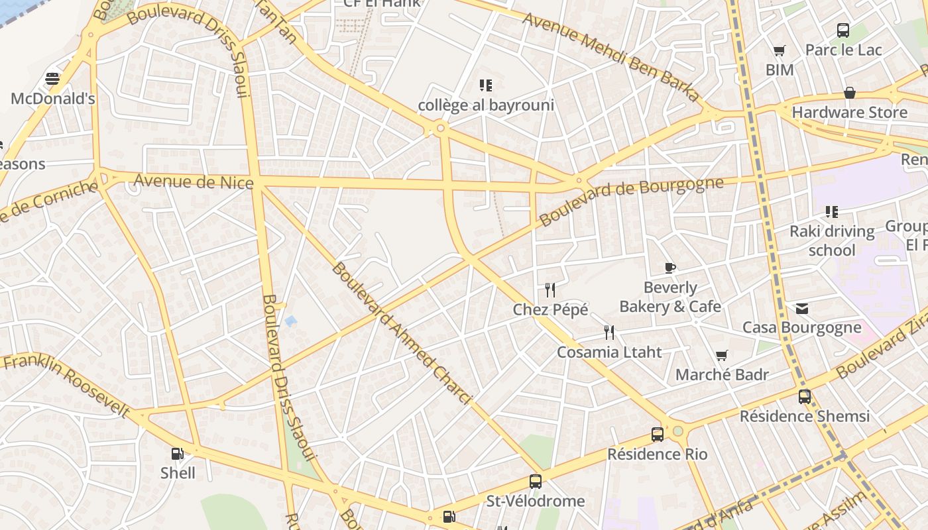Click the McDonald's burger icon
click(x=52, y=79)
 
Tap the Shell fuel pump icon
click(x=177, y=454)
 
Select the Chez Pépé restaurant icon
click(x=550, y=290)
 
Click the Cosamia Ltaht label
click(x=609, y=352)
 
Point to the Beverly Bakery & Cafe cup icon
click(x=669, y=268)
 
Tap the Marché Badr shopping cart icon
click(x=722, y=356)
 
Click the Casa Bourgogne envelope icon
click(x=802, y=308)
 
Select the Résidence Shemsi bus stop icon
click(x=804, y=397)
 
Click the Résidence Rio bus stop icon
click(x=657, y=435)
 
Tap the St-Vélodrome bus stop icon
click(x=536, y=482)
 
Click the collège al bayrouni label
click(x=486, y=105)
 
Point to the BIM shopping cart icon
click(x=780, y=51)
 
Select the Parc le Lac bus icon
click(x=843, y=30)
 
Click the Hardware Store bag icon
click(x=849, y=93)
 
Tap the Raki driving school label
click(x=832, y=240)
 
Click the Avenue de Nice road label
click(x=194, y=181)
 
